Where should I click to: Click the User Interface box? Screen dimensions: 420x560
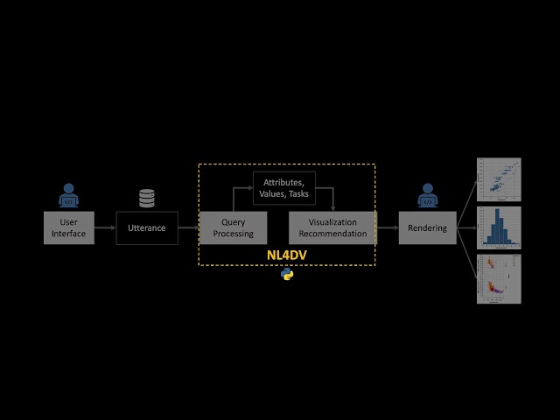click(x=69, y=227)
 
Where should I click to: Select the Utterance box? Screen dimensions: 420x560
click(x=147, y=227)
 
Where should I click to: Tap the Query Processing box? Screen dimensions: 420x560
click(x=233, y=227)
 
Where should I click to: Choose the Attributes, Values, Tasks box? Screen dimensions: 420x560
click(x=283, y=187)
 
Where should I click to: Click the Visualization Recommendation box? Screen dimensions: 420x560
click(x=332, y=227)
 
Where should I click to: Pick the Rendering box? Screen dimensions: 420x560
click(x=427, y=227)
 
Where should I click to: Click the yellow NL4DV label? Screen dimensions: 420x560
click(x=287, y=255)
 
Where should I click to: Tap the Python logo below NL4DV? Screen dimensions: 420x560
click(x=287, y=275)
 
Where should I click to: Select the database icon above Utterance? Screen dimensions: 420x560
click(x=147, y=199)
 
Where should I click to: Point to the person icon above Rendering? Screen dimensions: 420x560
click(x=427, y=196)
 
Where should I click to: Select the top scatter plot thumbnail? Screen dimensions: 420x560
click(x=499, y=178)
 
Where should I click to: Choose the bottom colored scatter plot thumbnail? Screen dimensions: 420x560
click(x=499, y=278)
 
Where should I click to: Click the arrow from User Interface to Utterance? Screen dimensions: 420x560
click(x=105, y=227)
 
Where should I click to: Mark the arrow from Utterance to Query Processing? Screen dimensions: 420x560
click(x=188, y=227)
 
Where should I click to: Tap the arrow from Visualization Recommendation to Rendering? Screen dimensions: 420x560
click(x=387, y=227)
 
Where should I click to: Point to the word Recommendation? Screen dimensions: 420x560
click(x=332, y=234)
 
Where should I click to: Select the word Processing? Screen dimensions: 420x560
click(x=233, y=234)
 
